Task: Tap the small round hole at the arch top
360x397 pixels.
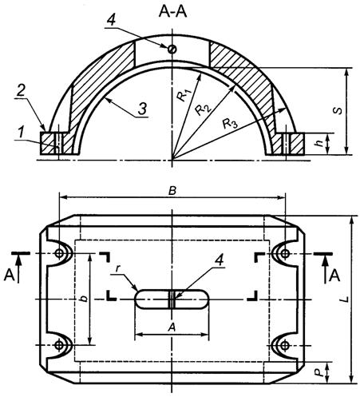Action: (x=172, y=49)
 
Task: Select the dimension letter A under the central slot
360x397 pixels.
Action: (x=171, y=327)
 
